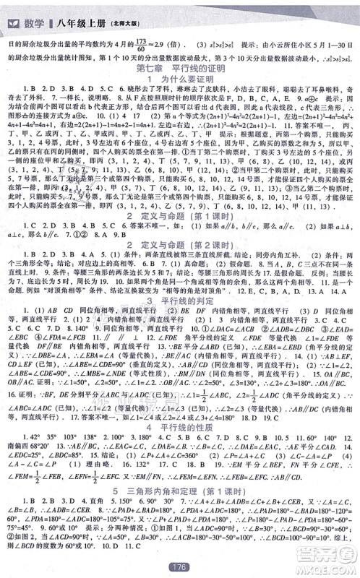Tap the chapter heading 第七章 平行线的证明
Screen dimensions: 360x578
click(179, 68)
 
